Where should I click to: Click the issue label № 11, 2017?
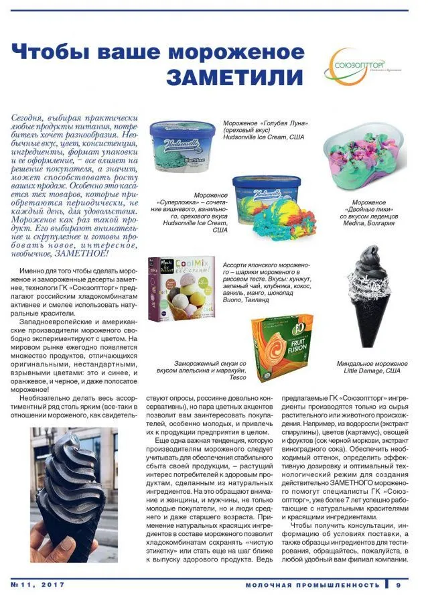coord(38,585)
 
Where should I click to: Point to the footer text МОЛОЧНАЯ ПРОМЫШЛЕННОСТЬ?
coord(311,585)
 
